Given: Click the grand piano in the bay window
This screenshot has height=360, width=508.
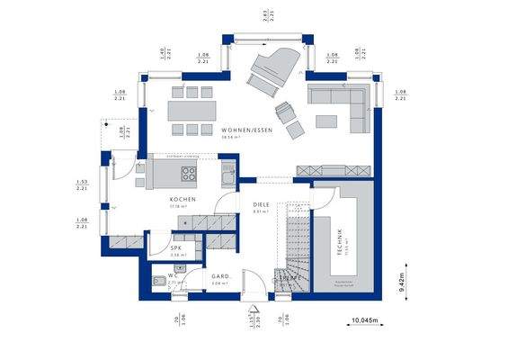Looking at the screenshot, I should (267, 70).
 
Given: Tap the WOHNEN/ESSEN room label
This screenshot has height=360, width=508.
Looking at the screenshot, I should (247, 131).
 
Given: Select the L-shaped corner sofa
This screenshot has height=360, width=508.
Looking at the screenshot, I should (340, 101).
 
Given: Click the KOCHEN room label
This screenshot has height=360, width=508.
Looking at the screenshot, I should (182, 200).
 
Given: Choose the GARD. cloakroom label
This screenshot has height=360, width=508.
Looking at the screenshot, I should (221, 277).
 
